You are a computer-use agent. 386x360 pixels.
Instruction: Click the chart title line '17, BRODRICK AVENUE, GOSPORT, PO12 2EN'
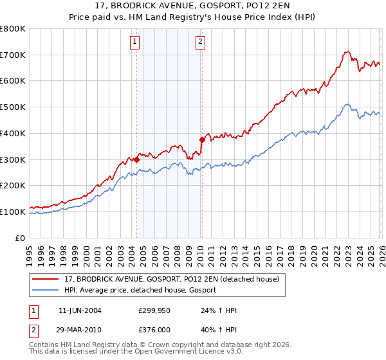click(193, 6)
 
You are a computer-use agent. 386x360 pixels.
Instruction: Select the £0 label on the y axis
click(20, 238)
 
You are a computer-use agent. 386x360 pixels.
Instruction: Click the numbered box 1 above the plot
click(136, 42)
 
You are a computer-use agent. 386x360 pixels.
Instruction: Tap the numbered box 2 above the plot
click(201, 42)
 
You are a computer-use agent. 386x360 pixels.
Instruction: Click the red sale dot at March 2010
click(202, 139)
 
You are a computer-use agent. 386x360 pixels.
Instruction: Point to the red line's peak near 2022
click(347, 51)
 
